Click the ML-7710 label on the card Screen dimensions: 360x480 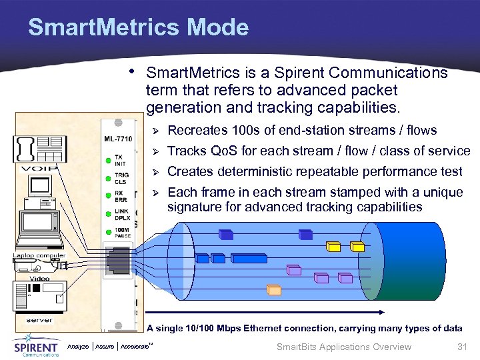(118, 139)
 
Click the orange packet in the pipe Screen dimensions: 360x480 (274, 289)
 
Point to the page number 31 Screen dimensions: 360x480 (460, 347)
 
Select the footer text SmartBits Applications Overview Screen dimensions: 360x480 (343, 347)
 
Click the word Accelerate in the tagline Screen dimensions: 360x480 (136, 347)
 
